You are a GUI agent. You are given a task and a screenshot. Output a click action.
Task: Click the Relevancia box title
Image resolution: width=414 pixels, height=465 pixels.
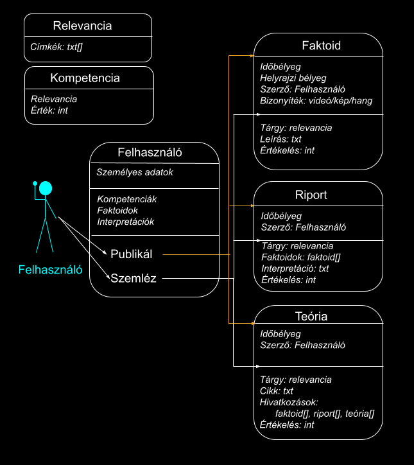[x=82, y=26]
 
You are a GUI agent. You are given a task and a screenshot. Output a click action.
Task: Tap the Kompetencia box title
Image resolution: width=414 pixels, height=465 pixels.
[x=85, y=78]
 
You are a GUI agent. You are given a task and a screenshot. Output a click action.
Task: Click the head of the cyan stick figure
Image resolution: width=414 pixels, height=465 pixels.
[x=45, y=188]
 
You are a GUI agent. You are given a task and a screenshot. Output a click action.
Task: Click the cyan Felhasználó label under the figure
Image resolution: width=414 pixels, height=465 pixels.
[x=51, y=270]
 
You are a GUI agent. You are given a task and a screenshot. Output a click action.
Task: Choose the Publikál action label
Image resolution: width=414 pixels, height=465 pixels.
[x=131, y=254]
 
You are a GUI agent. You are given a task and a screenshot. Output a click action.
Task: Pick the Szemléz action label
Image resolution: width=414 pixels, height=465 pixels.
[x=134, y=278]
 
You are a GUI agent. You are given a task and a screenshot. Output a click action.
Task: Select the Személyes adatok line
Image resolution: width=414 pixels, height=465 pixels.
[x=135, y=172]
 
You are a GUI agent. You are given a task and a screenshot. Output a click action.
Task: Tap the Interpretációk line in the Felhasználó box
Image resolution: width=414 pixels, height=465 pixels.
[x=126, y=222]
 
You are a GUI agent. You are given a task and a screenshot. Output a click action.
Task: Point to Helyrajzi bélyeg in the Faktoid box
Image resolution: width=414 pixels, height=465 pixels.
[x=293, y=78]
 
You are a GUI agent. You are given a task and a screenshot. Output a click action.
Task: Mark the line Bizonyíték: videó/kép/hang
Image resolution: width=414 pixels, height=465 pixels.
[x=316, y=101]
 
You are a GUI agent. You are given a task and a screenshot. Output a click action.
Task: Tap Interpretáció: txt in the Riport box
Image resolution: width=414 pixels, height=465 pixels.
[x=295, y=268]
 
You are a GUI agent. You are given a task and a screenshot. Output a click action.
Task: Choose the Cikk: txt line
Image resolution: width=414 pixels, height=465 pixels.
[x=277, y=390]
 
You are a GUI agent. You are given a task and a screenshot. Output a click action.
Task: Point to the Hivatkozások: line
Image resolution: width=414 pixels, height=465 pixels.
[x=289, y=402]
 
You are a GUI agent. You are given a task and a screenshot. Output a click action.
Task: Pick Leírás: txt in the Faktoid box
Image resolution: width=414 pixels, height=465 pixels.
[x=280, y=139]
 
